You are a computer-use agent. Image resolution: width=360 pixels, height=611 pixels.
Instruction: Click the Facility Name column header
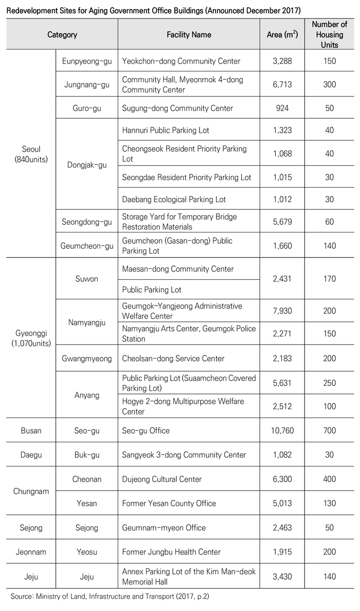(189, 35)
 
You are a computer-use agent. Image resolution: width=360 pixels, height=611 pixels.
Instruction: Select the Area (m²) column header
(282, 35)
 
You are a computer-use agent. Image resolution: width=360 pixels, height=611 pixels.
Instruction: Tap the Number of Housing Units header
(330, 34)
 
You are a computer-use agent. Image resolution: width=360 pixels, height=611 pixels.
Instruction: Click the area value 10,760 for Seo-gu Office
(282, 430)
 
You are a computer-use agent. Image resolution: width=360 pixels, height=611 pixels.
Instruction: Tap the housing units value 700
(330, 430)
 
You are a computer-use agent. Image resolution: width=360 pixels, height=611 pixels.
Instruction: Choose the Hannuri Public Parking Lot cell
(166, 131)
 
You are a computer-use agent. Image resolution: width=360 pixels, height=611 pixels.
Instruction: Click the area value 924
(282, 108)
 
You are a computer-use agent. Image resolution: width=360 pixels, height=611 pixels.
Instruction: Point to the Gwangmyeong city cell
(86, 358)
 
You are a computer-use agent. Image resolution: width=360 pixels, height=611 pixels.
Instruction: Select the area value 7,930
(282, 311)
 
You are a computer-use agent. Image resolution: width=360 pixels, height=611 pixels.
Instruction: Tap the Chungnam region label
(31, 491)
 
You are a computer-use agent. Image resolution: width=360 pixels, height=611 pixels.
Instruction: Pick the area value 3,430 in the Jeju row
(282, 577)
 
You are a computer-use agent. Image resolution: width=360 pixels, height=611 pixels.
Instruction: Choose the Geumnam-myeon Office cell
(164, 528)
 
